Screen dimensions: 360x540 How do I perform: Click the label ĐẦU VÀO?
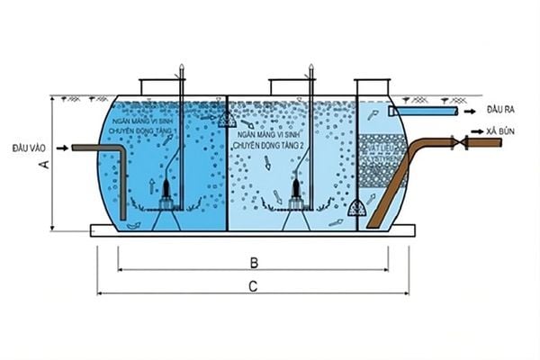[29, 147]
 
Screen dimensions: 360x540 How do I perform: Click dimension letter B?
[254, 263]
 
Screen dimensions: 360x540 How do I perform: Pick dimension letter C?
[254, 286]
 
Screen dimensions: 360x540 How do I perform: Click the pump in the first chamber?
[167, 192]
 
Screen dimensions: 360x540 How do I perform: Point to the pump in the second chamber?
[295, 192]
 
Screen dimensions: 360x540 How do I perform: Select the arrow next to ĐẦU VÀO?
[60, 147]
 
